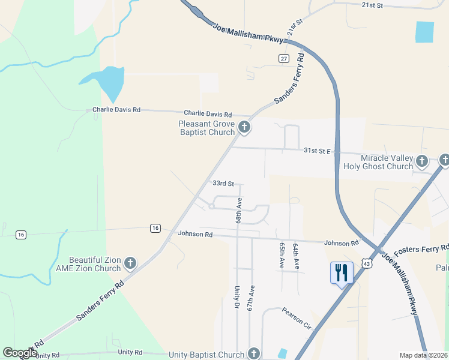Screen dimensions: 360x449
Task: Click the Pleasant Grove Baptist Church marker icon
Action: click(x=244, y=127)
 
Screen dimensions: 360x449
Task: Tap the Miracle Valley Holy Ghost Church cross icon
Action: click(x=422, y=161)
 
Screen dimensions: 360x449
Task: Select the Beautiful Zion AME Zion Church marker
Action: click(x=130, y=263)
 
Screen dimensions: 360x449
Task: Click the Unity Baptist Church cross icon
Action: click(x=254, y=354)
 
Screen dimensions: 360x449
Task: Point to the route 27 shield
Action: click(x=284, y=58)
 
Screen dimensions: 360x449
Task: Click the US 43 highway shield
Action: click(x=367, y=263)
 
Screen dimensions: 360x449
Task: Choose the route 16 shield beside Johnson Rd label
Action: click(x=155, y=228)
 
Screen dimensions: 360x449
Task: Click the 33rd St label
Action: click(x=223, y=184)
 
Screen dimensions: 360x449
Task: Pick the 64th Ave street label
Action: click(x=295, y=256)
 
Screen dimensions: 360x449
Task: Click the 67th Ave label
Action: click(x=252, y=298)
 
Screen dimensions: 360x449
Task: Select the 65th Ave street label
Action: click(x=282, y=256)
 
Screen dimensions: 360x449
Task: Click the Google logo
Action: click(x=20, y=353)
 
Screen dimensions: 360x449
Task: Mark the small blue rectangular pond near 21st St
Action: click(x=424, y=32)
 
